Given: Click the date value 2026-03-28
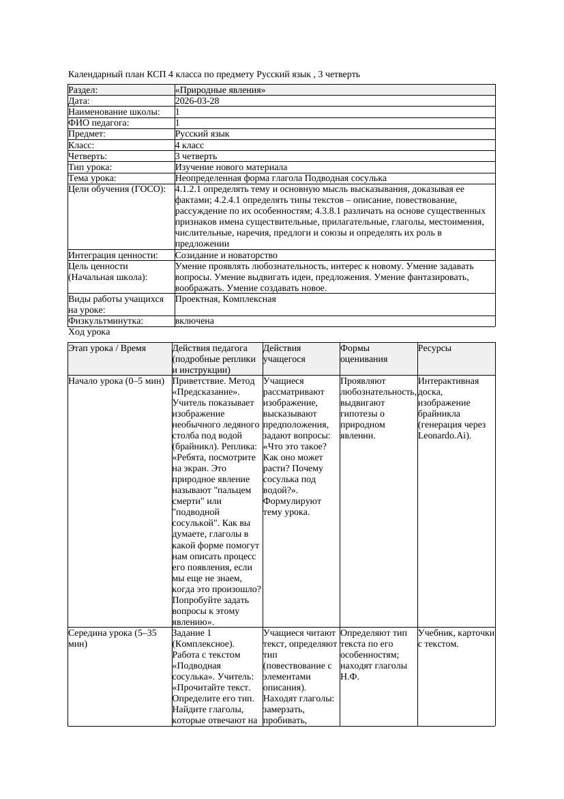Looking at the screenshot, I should coord(197,101).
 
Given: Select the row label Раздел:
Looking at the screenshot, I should coord(83,90).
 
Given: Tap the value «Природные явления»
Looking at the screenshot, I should coord(220,90).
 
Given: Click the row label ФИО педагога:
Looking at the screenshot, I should coord(99,123).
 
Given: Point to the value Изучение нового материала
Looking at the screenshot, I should coord(231,167).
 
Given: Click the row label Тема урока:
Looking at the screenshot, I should coord(92,178).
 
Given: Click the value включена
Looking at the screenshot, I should coord(194,321).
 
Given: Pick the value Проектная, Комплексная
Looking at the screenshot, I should coord(226,299).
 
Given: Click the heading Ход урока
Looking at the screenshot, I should coord(89,332).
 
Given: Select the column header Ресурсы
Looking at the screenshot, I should coord(434,348).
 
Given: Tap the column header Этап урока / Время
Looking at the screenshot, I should coord(107,348).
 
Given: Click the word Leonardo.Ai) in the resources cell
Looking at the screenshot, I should coord(444,435).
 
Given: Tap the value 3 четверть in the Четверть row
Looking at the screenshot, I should coord(194,156).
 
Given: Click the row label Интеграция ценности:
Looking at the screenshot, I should coord(113,255).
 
